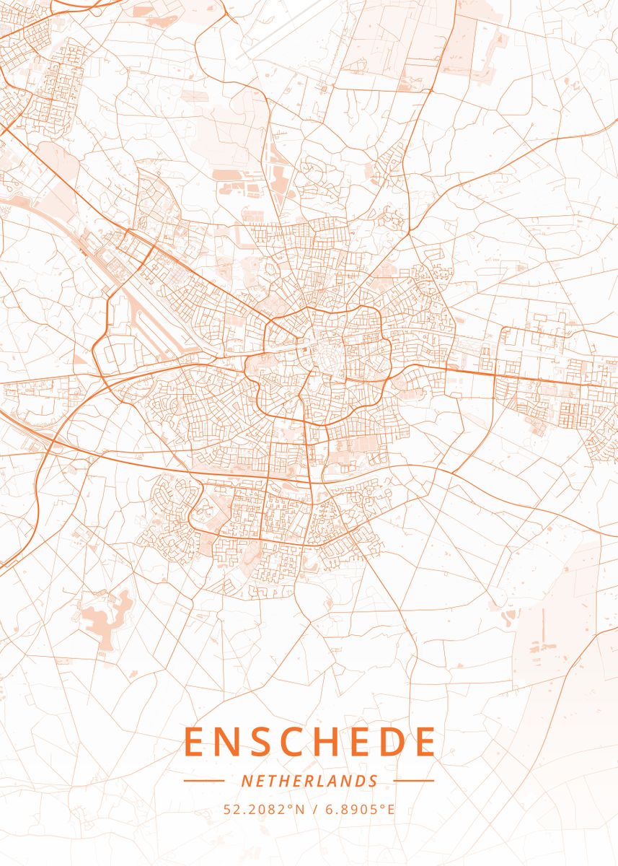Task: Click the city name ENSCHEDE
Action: (x=310, y=742)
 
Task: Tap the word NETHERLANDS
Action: (x=309, y=781)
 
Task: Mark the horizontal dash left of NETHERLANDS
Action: (x=204, y=781)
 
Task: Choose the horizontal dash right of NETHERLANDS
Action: (x=414, y=781)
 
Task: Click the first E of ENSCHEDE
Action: (x=195, y=742)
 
